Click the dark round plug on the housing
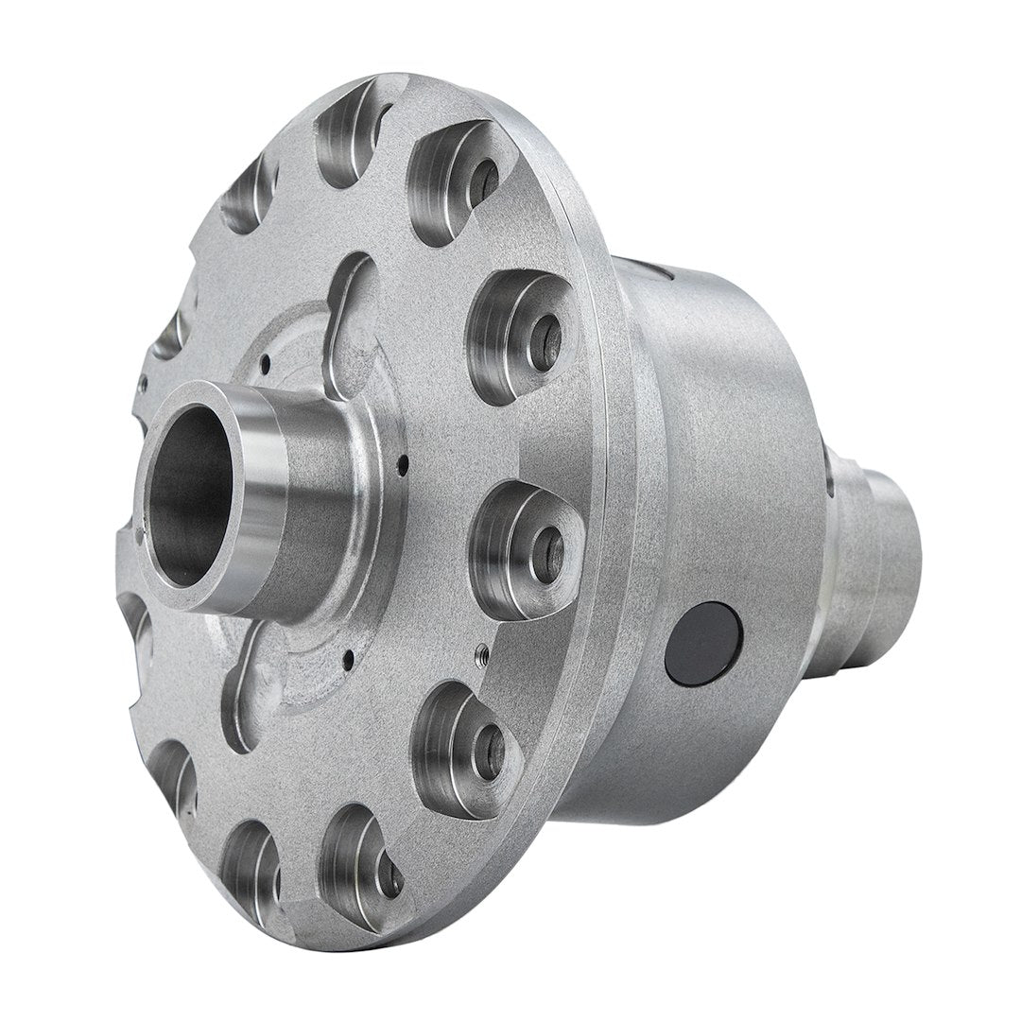(x=701, y=643)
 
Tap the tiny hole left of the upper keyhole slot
(x=266, y=360)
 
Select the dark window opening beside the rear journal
(x=829, y=473)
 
